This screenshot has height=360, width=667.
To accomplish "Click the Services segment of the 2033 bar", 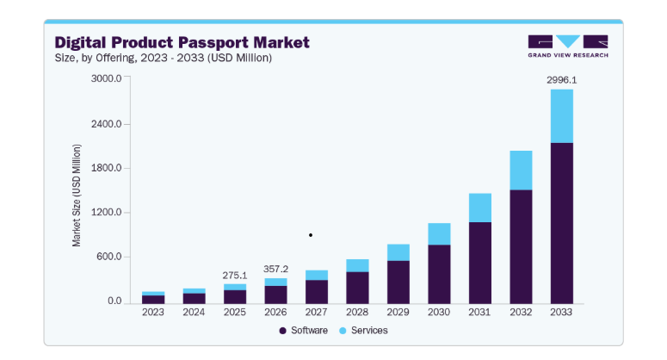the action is click(x=561, y=116).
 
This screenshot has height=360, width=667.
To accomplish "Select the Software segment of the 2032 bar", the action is click(x=521, y=247).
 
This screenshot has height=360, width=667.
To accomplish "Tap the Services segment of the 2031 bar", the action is click(x=480, y=208).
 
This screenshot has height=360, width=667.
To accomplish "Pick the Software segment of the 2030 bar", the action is click(x=439, y=275).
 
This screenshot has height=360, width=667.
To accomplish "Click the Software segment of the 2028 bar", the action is click(x=357, y=288).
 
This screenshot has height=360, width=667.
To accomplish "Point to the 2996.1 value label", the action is click(x=561, y=80).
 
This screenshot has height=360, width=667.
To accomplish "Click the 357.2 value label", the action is click(x=275, y=269).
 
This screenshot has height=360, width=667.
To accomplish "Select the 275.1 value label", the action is click(x=234, y=276).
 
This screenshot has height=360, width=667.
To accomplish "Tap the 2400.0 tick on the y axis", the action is click(x=106, y=124).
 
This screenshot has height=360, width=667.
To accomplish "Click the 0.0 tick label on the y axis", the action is click(x=114, y=301).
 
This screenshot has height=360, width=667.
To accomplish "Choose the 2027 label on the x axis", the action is click(x=316, y=313).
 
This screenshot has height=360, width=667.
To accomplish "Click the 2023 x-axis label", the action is click(x=152, y=313).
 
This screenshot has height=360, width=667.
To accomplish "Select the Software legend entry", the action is click(x=303, y=331).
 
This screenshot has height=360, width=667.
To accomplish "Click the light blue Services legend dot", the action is click(x=343, y=331).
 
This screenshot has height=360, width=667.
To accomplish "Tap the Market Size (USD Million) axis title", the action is click(x=76, y=196).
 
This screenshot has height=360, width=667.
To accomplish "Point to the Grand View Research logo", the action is click(x=568, y=46).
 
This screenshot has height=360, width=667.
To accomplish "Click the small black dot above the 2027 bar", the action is click(x=311, y=235).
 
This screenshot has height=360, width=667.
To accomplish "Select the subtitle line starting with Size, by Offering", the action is click(x=164, y=58).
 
